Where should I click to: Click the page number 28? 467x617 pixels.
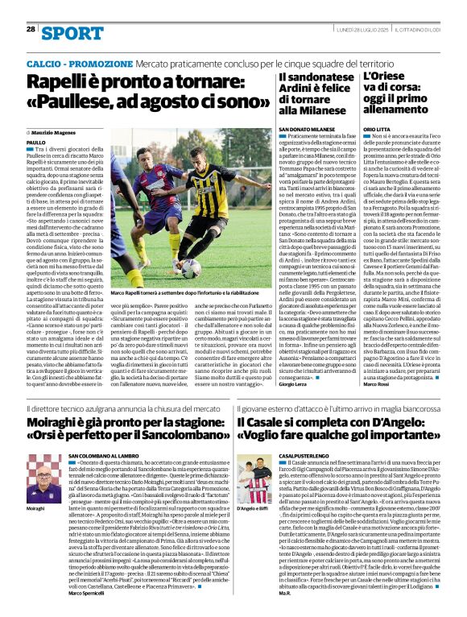coord(31,29)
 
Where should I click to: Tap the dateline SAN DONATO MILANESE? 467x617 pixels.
coord(306,129)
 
